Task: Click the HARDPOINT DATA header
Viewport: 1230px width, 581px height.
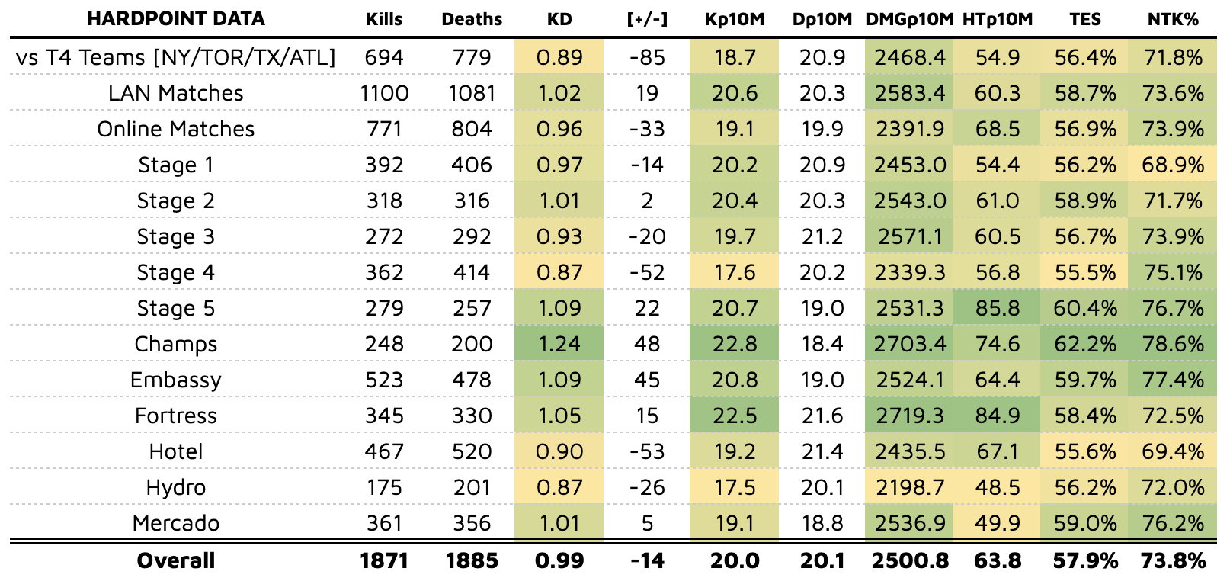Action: click(176, 19)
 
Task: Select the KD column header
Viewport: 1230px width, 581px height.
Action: click(559, 19)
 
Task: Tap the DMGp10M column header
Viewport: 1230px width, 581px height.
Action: click(910, 19)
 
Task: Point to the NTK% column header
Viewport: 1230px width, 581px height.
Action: click(1173, 19)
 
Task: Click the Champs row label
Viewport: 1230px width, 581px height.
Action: click(176, 344)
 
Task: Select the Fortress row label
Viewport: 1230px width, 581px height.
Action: click(176, 416)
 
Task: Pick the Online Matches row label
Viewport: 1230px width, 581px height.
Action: click(176, 129)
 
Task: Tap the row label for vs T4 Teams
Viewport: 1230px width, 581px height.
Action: click(176, 57)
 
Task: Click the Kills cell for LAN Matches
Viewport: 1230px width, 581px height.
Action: click(384, 93)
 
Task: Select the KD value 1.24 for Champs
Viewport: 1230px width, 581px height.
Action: click(559, 344)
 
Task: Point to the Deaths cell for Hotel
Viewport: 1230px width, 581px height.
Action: click(472, 451)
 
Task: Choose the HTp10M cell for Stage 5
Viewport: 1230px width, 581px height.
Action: click(998, 308)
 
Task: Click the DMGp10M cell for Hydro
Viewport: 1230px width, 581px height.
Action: click(910, 487)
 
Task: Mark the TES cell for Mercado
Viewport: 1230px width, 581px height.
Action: click(1085, 523)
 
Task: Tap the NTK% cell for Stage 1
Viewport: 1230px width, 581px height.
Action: click(1173, 165)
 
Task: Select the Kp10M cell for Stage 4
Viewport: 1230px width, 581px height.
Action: click(735, 272)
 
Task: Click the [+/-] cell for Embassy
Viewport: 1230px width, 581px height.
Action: click(647, 380)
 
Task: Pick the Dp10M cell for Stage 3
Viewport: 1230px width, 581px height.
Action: click(822, 236)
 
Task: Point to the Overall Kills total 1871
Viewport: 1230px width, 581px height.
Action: click(384, 560)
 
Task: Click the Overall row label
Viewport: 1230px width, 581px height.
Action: click(176, 560)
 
